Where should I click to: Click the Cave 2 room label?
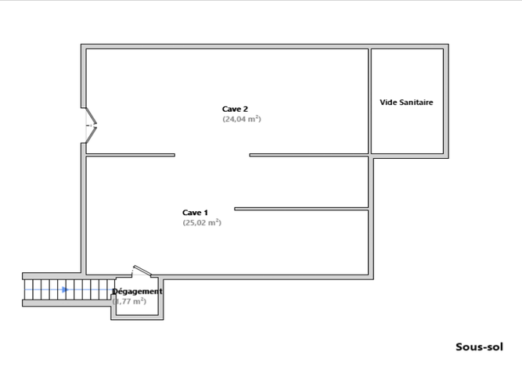point(236,109)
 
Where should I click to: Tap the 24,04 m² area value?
point(241,120)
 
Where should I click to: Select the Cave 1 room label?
point(195,212)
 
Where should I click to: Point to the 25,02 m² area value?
point(202,223)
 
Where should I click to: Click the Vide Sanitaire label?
point(406,102)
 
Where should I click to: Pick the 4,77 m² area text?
point(130,301)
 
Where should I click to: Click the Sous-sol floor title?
point(478,347)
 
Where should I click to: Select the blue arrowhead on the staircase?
point(65,290)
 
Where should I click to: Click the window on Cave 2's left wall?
point(90,124)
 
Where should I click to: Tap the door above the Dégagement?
point(142,272)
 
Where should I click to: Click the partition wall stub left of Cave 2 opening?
point(130,155)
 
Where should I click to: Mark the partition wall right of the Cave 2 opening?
point(308,155)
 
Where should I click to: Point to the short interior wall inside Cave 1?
point(301,208)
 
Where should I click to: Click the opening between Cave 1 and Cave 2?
point(212,155)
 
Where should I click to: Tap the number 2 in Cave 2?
point(246,109)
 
